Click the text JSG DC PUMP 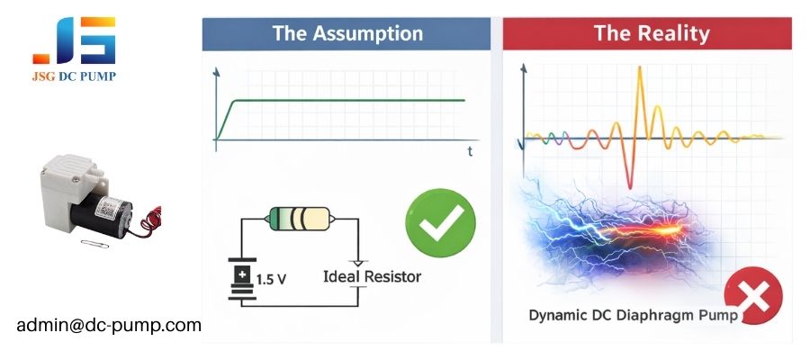point(75,76)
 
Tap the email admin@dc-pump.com point(109,325)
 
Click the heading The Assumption point(347,34)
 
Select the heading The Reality point(652,34)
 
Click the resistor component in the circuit point(301,218)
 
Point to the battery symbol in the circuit point(241,279)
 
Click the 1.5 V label point(271,279)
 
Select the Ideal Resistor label point(372,275)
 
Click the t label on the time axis point(470,152)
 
